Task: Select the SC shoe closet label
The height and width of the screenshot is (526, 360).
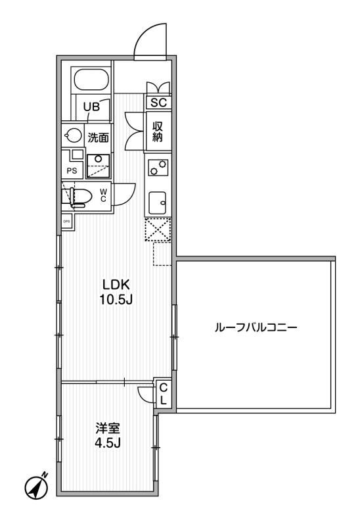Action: click(x=158, y=103)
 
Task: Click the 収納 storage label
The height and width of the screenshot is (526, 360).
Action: click(x=158, y=131)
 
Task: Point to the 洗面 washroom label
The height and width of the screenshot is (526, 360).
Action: click(x=99, y=137)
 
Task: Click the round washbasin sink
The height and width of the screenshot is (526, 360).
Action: click(x=72, y=135)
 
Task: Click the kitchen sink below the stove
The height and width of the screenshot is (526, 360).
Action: click(x=158, y=202)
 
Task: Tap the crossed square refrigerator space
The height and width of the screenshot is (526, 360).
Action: click(x=158, y=231)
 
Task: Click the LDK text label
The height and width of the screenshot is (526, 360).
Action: click(x=117, y=285)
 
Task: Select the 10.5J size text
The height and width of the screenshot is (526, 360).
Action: click(x=117, y=301)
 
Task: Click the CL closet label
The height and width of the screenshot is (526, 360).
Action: click(x=163, y=393)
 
